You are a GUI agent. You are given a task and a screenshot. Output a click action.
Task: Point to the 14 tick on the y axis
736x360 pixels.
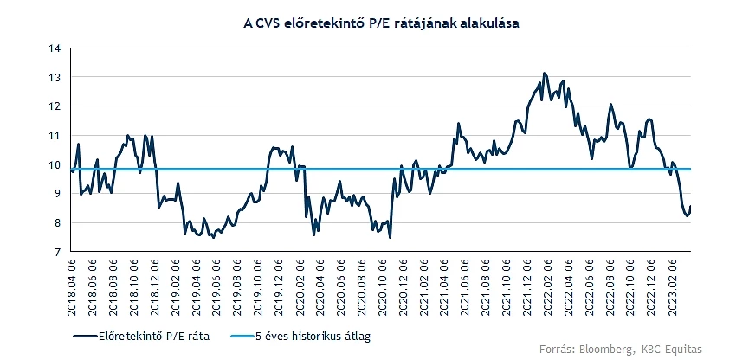click(x=55, y=48)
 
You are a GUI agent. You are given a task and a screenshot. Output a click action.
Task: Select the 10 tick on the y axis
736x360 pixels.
click(x=55, y=164)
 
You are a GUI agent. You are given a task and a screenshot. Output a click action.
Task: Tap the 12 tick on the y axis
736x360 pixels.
click(x=55, y=106)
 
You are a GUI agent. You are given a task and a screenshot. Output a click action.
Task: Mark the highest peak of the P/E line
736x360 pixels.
click(x=544, y=74)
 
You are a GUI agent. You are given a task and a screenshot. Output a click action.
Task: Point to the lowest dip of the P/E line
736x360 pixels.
click(x=391, y=237)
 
